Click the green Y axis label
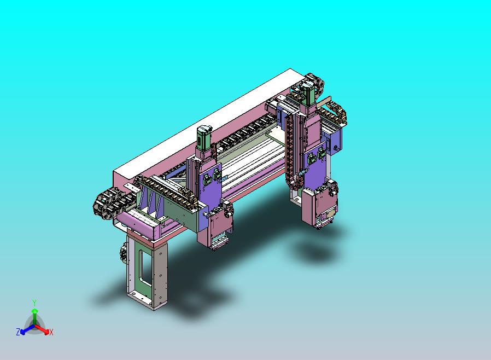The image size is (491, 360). [34, 303]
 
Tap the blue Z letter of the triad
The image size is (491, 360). [18, 332]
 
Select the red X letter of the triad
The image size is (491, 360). [51, 332]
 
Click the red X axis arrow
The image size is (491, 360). [42, 329]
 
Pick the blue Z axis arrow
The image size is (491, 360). [27, 329]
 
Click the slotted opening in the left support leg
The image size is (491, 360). [145, 269]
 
